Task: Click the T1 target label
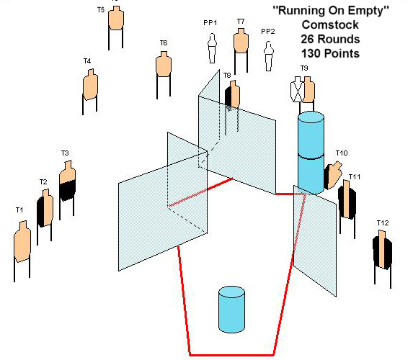tap(19, 210)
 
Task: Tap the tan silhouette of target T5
tap(116, 18)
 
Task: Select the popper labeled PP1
tap(213, 48)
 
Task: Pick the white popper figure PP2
tap(269, 56)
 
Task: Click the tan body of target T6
tap(164, 64)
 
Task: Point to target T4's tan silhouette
tap(90, 84)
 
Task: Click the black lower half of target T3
tap(68, 191)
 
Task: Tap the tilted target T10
tap(333, 175)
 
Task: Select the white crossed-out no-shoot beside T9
tap(298, 89)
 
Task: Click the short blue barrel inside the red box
tap(232, 310)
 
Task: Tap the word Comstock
tap(330, 25)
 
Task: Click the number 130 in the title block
tap(311, 53)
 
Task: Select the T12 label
tap(383, 223)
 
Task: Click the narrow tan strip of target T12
tap(382, 248)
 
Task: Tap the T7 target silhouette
tap(241, 40)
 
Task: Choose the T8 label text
tap(227, 76)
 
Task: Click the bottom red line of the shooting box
tap(232, 355)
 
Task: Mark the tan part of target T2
tap(48, 207)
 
